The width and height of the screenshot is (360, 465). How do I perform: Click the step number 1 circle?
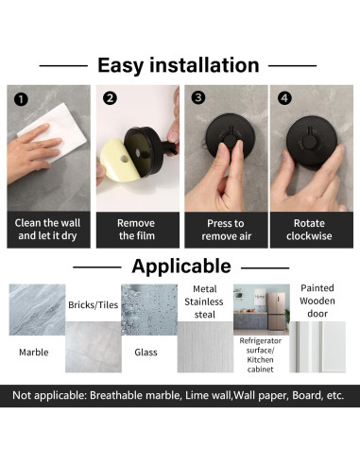pyautogui.click(x=21, y=99)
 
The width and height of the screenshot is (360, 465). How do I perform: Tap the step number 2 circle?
pyautogui.click(x=110, y=98)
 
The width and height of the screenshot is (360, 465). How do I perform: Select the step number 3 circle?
pyautogui.click(x=198, y=97)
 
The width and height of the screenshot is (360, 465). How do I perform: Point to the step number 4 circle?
pyautogui.click(x=284, y=98)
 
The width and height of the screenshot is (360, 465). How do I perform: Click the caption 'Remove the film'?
pyautogui.click(x=136, y=230)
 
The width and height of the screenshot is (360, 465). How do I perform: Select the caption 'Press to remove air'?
pyautogui.click(x=226, y=230)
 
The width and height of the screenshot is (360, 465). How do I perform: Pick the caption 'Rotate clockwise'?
pyautogui.click(x=309, y=230)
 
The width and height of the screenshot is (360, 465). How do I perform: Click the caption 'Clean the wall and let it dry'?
pyautogui.click(x=47, y=230)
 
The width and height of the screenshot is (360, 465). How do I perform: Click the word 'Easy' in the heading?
pyautogui.click(x=121, y=65)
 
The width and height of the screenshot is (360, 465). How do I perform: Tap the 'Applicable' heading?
pyautogui.click(x=181, y=267)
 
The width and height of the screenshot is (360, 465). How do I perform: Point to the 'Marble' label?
pyautogui.click(x=34, y=353)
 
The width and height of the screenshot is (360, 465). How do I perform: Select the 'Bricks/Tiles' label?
pyautogui.click(x=94, y=305)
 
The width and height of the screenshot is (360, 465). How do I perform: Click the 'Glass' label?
pyautogui.click(x=146, y=353)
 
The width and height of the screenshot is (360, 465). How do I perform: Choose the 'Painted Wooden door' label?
pyautogui.click(x=317, y=301)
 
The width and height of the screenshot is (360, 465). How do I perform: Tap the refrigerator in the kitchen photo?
pyautogui.click(x=276, y=311)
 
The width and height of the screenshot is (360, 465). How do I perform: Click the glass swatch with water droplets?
pyautogui.click(x=149, y=310)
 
